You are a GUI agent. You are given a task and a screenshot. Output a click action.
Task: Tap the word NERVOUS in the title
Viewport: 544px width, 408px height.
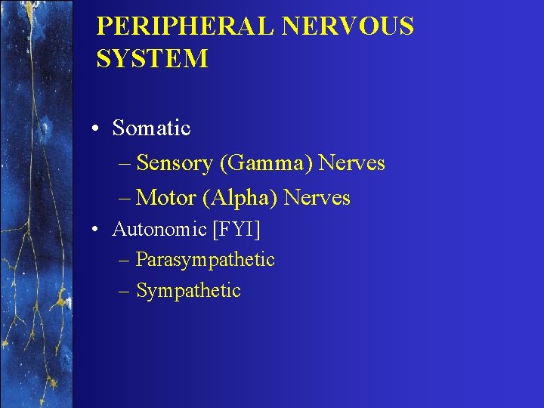pyautogui.click(x=348, y=26)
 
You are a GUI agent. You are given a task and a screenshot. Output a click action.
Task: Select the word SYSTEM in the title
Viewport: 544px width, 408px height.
pyautogui.click(x=152, y=58)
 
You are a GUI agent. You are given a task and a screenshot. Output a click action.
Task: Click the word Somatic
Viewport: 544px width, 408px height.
pyautogui.click(x=151, y=128)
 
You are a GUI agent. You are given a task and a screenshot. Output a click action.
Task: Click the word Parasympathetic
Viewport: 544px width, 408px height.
pyautogui.click(x=205, y=260)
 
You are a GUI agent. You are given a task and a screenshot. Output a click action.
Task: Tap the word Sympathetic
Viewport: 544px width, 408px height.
pyautogui.click(x=188, y=291)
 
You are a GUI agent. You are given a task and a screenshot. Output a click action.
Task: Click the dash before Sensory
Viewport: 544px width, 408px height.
pyautogui.click(x=125, y=164)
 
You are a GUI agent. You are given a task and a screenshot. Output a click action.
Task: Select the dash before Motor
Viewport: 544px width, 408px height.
pyautogui.click(x=125, y=199)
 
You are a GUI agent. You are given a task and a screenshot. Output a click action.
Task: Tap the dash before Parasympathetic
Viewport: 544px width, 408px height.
pyautogui.click(x=125, y=261)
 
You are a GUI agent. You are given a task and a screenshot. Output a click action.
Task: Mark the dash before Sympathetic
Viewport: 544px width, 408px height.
pyautogui.click(x=125, y=292)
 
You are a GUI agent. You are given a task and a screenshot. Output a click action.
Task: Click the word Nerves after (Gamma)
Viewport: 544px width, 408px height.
pyautogui.click(x=351, y=163)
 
